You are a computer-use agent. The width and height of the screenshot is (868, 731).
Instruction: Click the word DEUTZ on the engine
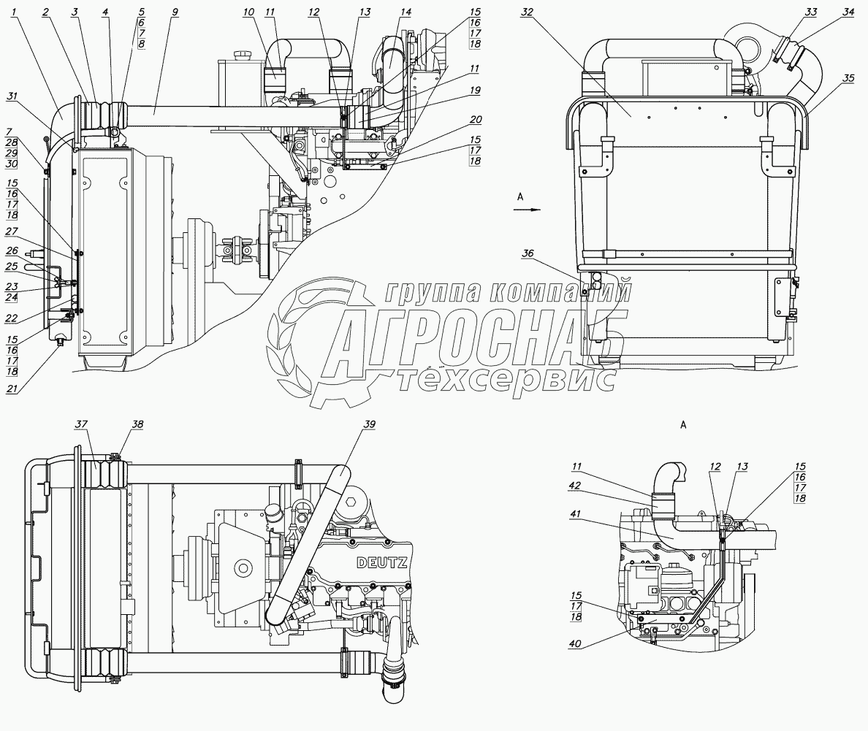382,562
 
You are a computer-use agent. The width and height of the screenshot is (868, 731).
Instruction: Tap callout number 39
370,424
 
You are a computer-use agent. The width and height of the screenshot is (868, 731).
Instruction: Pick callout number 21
11,389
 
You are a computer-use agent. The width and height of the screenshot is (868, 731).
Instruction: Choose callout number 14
406,12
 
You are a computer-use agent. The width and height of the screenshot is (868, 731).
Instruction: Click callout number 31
11,95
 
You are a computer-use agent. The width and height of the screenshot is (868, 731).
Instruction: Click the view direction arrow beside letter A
525,209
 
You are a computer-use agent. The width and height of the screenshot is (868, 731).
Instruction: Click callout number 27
11,231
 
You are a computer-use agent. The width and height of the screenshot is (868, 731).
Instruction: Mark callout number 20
476,119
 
